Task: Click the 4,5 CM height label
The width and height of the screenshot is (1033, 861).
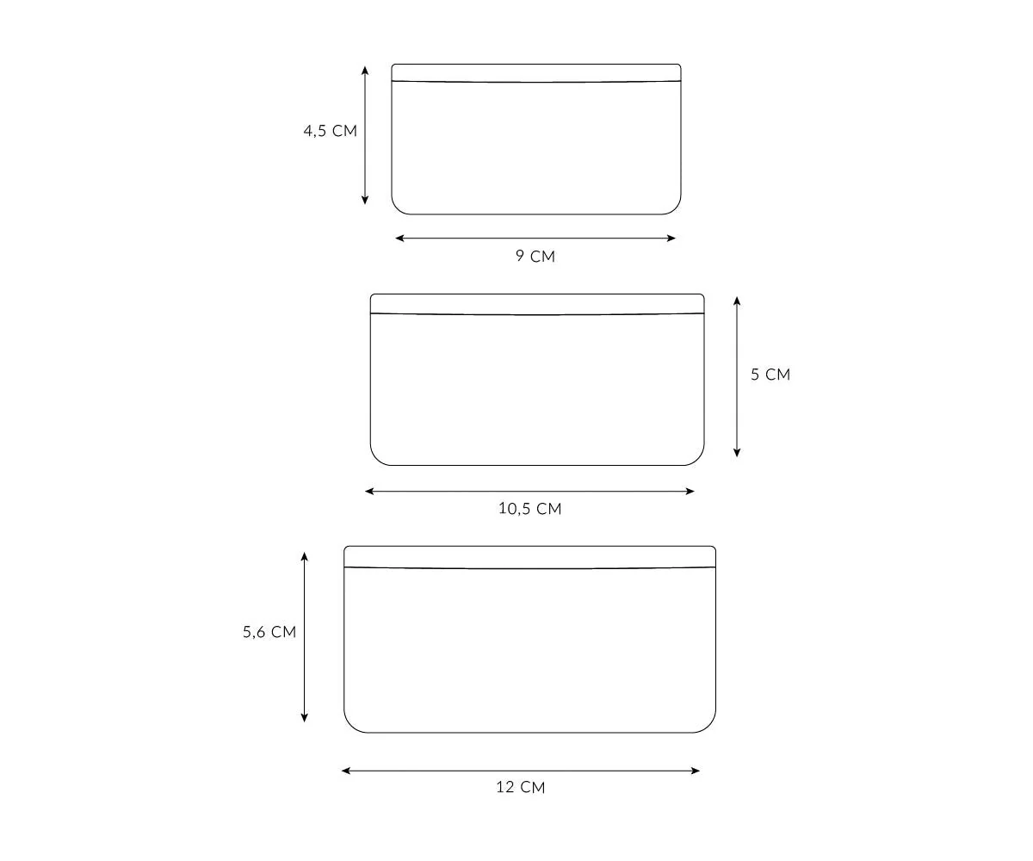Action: tap(330, 131)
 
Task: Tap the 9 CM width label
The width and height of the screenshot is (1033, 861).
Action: tap(535, 256)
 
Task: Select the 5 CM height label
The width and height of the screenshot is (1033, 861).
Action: tap(770, 375)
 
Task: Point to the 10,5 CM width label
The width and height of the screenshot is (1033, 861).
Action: tap(530, 509)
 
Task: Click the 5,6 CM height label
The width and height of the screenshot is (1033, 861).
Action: tap(269, 632)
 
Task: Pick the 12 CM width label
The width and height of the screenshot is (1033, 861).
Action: tap(521, 787)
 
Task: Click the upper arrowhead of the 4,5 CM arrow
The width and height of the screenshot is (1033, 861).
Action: tap(365, 71)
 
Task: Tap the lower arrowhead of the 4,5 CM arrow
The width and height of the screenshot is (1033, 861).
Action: tap(365, 200)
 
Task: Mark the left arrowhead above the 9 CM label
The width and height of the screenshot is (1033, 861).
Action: tap(399, 238)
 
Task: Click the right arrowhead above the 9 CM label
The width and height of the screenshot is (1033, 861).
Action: tap(671, 238)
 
